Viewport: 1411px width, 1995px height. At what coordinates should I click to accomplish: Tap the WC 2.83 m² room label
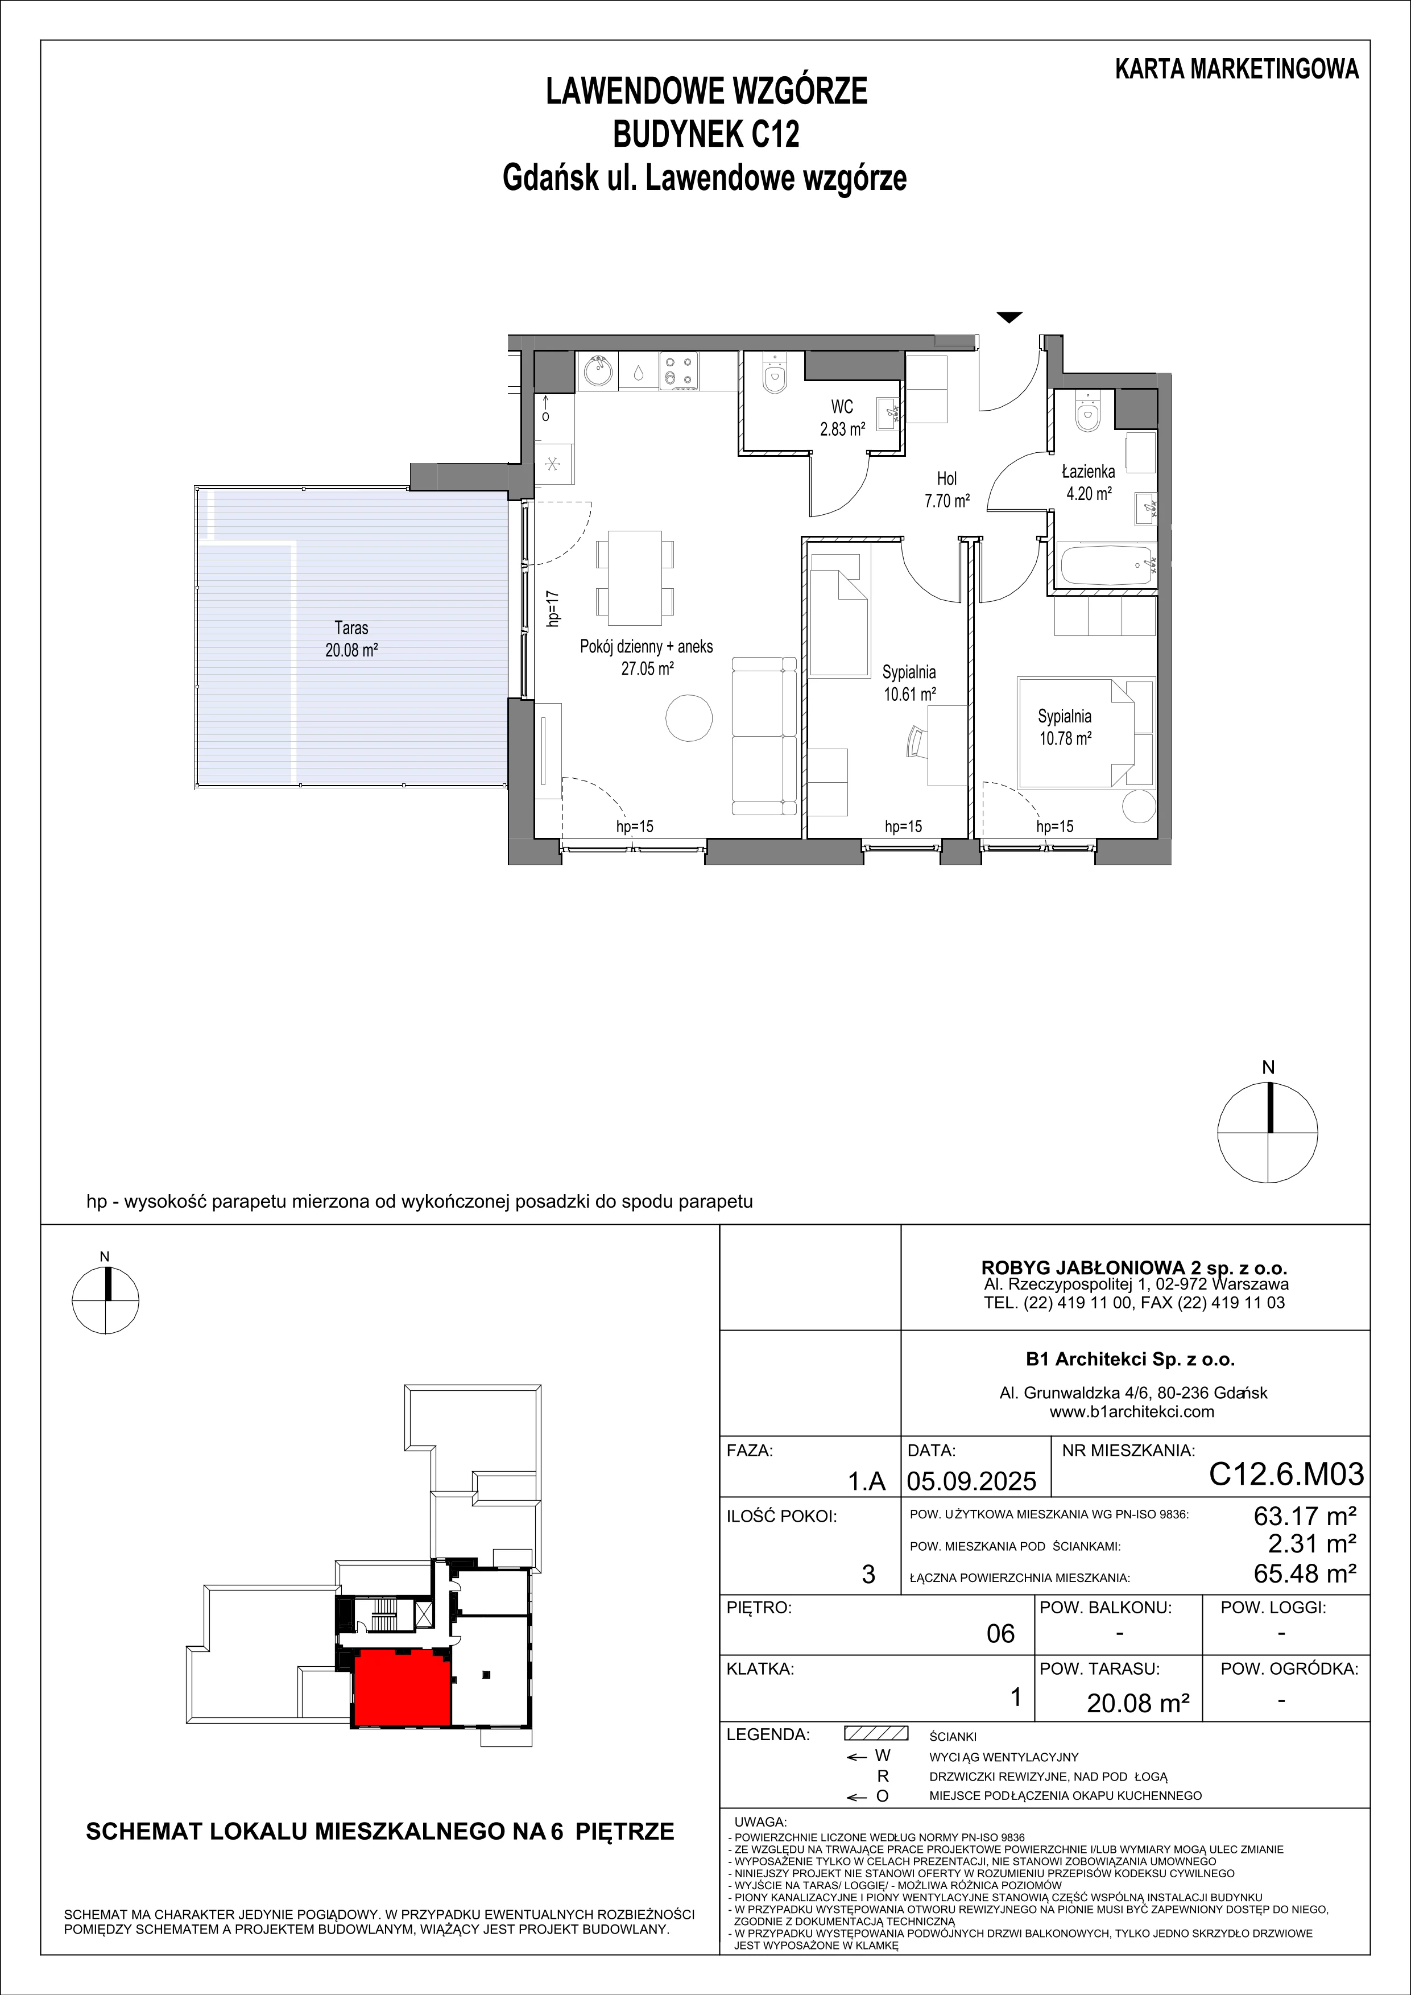pyautogui.click(x=842, y=417)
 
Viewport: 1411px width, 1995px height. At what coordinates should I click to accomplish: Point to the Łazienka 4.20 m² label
pyautogui.click(x=1088, y=483)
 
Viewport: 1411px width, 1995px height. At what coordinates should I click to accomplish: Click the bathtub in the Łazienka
pyautogui.click(x=1107, y=565)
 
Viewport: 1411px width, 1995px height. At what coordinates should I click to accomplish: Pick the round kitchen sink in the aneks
pyautogui.click(x=597, y=373)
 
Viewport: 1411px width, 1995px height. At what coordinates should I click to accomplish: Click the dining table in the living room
pyautogui.click(x=634, y=578)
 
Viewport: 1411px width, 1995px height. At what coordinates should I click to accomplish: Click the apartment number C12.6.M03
pyautogui.click(x=1286, y=1474)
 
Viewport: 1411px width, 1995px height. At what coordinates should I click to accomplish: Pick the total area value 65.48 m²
pyautogui.click(x=1305, y=1573)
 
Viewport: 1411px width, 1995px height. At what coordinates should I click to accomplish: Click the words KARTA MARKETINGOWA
pyautogui.click(x=1237, y=69)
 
